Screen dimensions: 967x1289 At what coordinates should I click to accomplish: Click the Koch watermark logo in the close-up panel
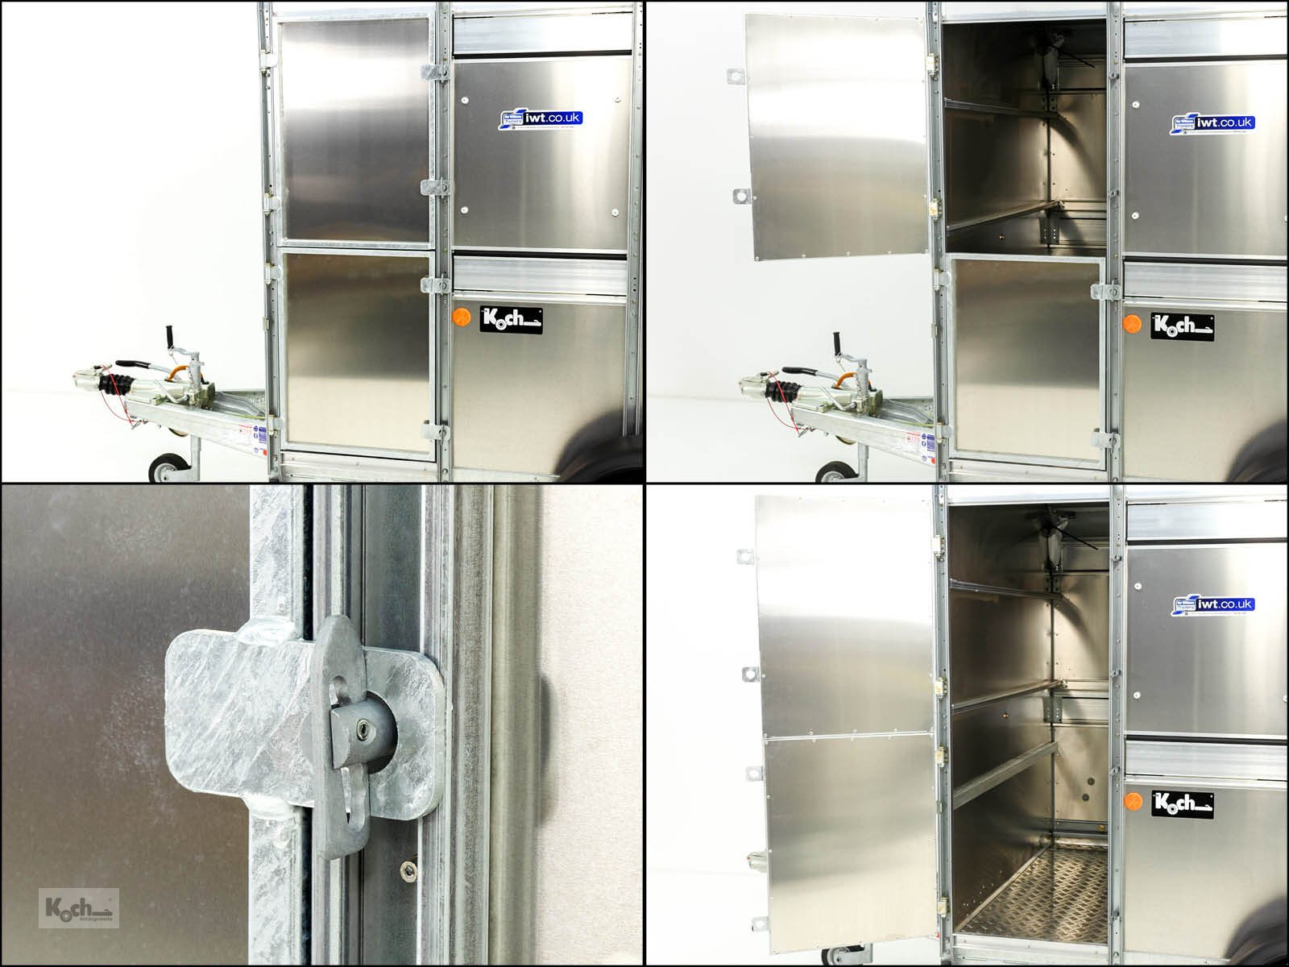79,907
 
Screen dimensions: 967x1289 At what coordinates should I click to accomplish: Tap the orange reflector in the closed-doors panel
462,315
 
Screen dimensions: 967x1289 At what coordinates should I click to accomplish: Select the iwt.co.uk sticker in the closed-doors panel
541,121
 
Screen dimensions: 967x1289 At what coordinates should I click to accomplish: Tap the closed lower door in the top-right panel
1025,359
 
